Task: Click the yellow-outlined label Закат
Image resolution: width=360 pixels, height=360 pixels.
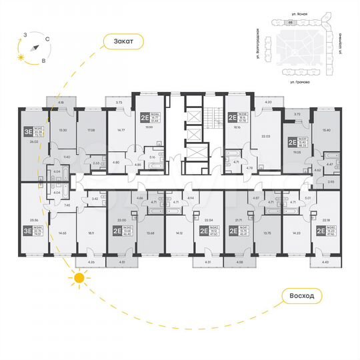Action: point(123,42)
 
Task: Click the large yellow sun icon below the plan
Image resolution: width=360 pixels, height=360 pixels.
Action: point(79,277)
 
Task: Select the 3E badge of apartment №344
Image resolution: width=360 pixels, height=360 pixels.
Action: point(27,231)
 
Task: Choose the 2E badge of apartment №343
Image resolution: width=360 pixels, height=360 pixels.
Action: point(117,231)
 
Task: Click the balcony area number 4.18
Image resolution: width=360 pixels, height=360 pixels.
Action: point(60,101)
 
